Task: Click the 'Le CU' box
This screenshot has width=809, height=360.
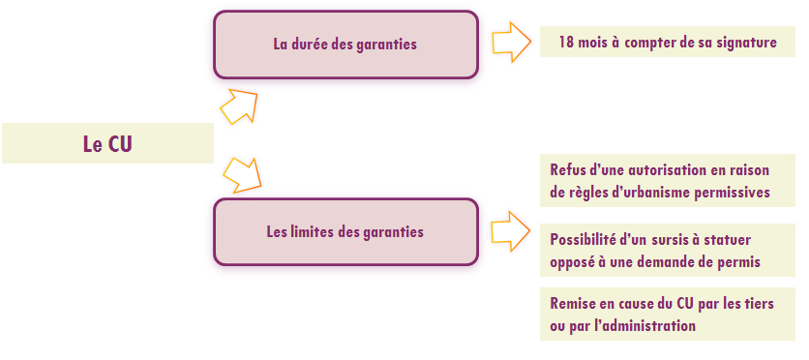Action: tap(107, 143)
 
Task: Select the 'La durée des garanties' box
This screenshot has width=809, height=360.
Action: tap(345, 45)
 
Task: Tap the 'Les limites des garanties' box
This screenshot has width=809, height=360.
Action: tap(345, 232)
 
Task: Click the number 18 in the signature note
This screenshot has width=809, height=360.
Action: tap(566, 43)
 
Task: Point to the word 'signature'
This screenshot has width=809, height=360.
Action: tap(746, 43)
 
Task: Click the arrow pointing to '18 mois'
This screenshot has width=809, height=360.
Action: tap(511, 43)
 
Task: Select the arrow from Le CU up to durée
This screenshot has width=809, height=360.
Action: tap(239, 106)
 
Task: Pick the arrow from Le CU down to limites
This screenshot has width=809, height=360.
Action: tap(242, 175)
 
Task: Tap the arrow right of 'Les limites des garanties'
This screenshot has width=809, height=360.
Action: tap(511, 231)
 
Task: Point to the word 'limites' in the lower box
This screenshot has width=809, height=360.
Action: tap(311, 232)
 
